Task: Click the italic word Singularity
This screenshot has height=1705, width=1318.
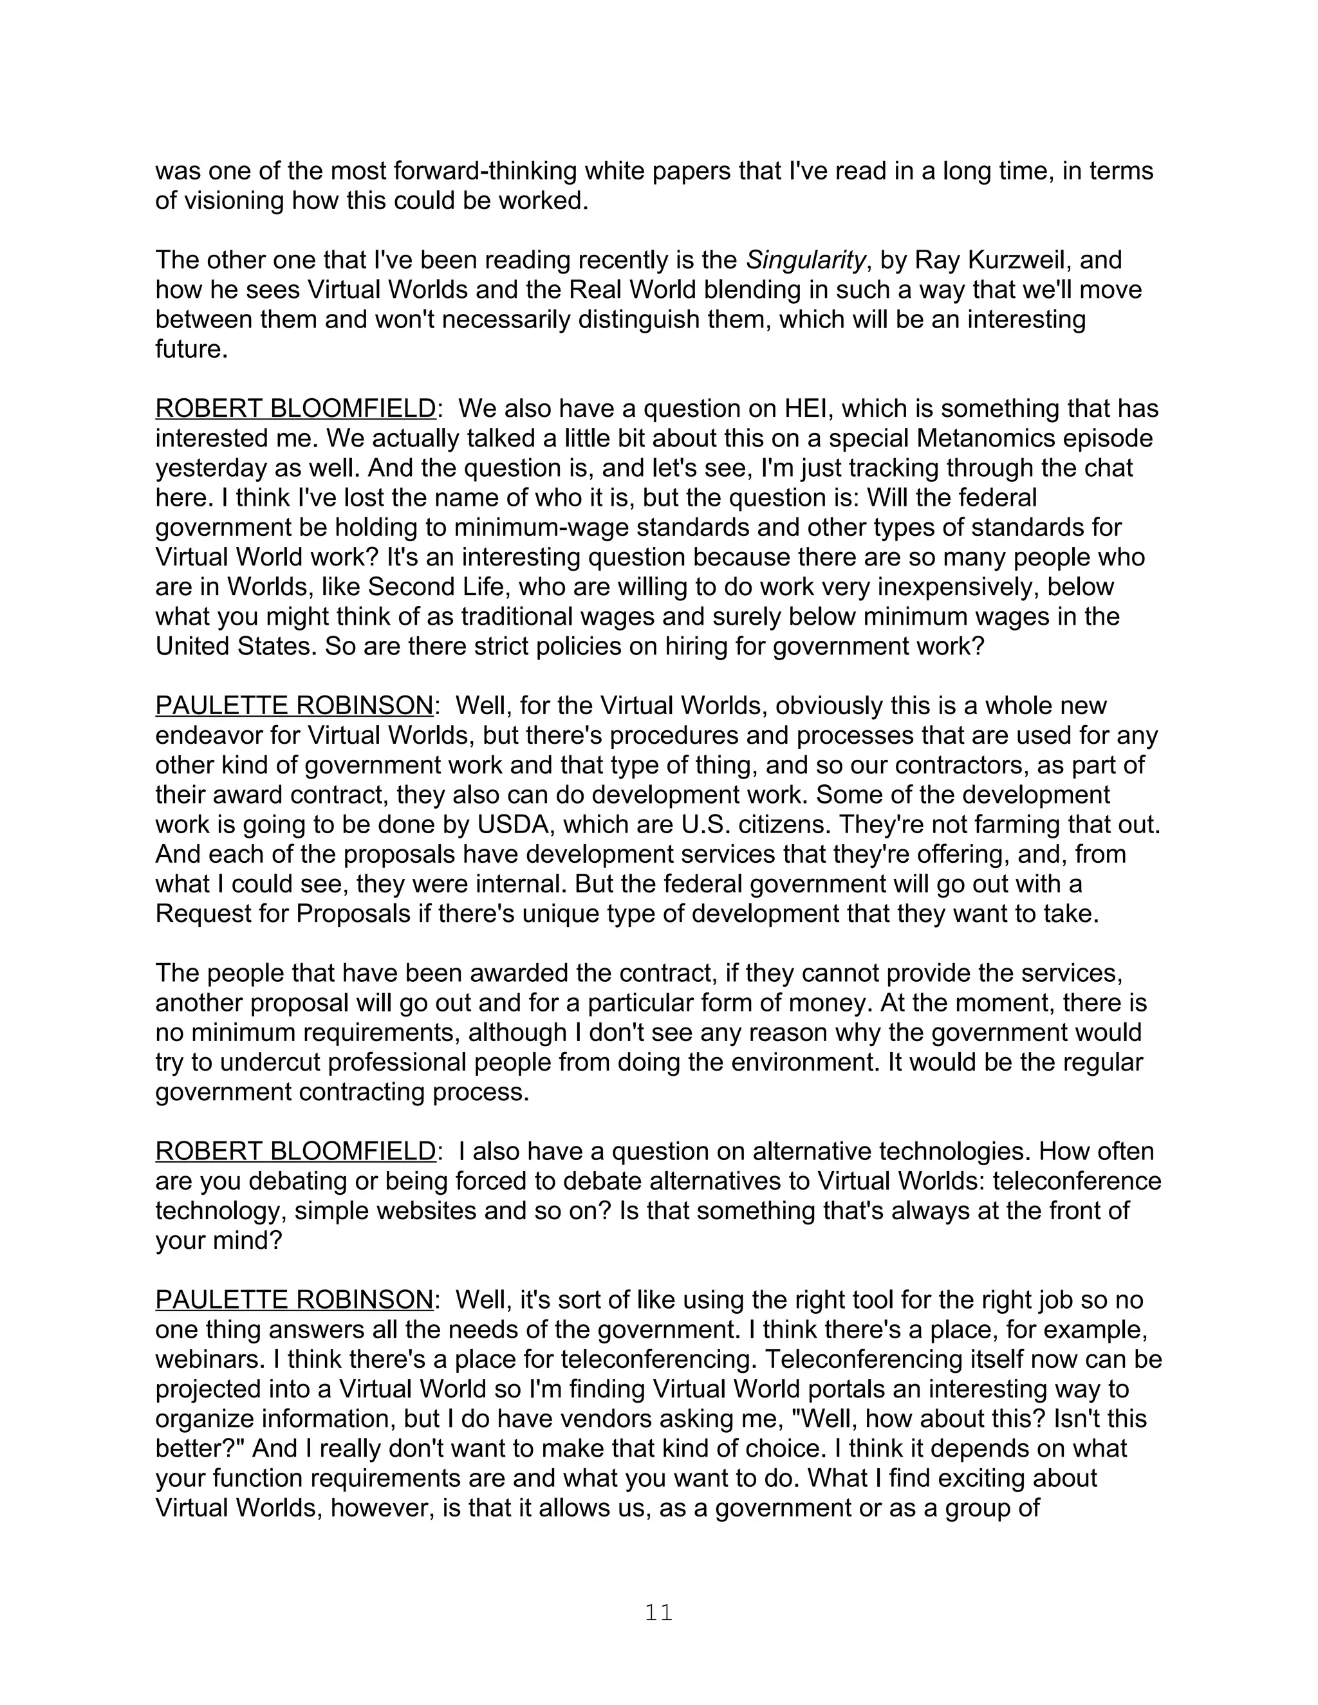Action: coord(806,259)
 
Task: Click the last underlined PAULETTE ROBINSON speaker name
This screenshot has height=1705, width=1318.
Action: coord(293,1300)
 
